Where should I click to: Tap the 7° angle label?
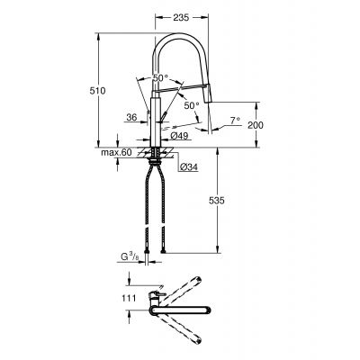tap(235, 119)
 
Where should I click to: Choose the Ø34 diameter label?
tap(188, 166)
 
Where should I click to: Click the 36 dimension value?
tap(132, 117)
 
